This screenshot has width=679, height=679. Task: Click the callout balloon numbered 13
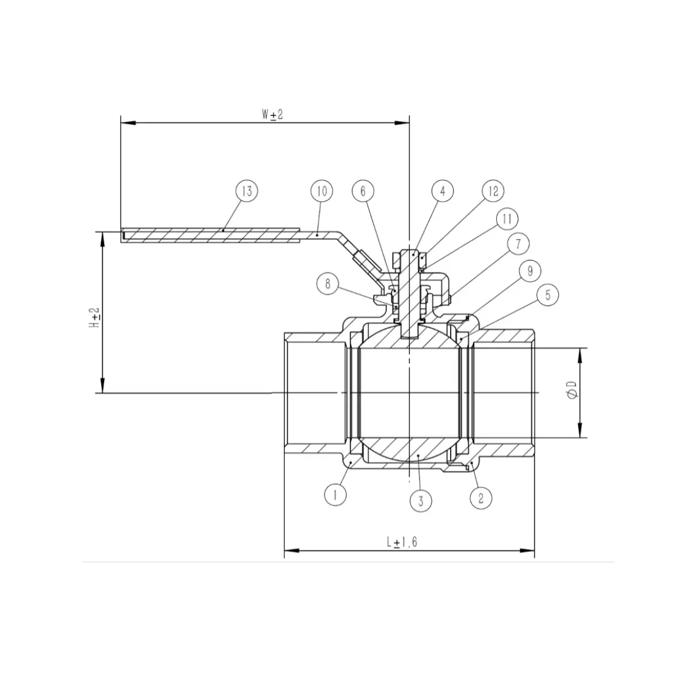click(x=247, y=191)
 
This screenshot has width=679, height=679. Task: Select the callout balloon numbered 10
click(x=321, y=191)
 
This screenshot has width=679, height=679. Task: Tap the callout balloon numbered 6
click(x=363, y=191)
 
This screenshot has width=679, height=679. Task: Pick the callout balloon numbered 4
click(x=442, y=191)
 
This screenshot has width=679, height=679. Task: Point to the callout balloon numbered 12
click(x=493, y=190)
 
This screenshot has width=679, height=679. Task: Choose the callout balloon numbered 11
click(x=507, y=219)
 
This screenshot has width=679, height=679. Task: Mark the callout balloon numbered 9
click(x=530, y=270)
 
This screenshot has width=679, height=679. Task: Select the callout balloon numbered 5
click(x=547, y=296)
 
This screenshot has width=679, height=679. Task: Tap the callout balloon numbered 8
click(x=327, y=283)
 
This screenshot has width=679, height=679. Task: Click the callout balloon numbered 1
click(x=336, y=494)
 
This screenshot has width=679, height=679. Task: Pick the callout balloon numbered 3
click(x=421, y=501)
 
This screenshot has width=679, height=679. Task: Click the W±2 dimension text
click(x=273, y=115)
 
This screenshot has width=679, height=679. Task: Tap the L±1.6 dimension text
click(x=402, y=542)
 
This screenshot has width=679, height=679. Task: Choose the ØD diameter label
click(x=571, y=393)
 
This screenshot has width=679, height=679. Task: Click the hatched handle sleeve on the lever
click(x=210, y=236)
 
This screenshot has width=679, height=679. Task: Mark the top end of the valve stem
click(x=409, y=252)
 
